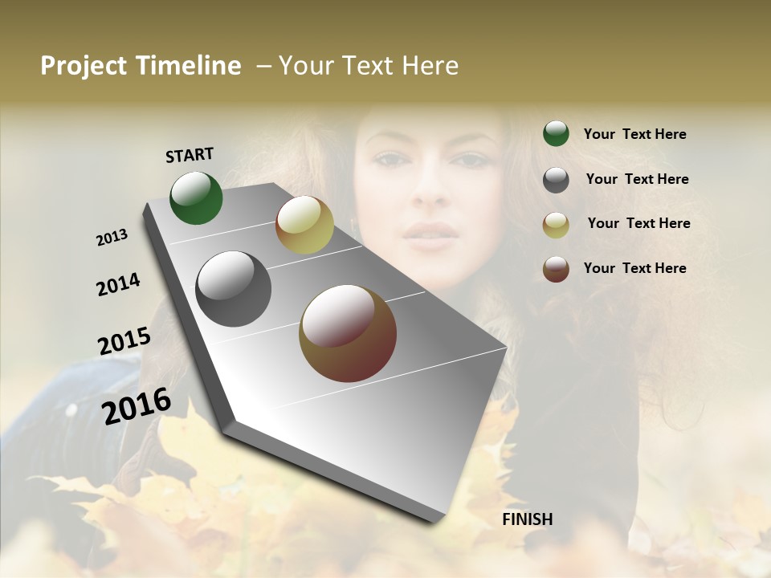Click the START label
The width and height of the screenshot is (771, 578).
(190, 155)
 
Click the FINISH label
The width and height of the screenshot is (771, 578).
(527, 519)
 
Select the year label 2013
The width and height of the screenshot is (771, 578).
(112, 238)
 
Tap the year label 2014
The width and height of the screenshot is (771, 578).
(118, 284)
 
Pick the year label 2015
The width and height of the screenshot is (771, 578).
(124, 341)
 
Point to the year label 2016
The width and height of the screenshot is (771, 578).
(137, 405)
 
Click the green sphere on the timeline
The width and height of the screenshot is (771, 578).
(196, 198)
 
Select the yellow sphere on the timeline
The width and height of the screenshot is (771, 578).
(304, 225)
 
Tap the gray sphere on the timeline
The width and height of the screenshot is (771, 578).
(234, 289)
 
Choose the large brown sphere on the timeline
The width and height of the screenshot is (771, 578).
(348, 333)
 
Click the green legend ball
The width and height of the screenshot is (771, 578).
(556, 134)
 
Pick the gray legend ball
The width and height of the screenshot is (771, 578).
(556, 180)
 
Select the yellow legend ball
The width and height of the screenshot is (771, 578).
(556, 225)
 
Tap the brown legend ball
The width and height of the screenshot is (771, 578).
(556, 269)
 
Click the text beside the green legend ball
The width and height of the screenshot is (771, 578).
(634, 135)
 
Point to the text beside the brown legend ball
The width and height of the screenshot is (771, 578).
(634, 268)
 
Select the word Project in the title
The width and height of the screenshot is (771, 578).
(84, 66)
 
